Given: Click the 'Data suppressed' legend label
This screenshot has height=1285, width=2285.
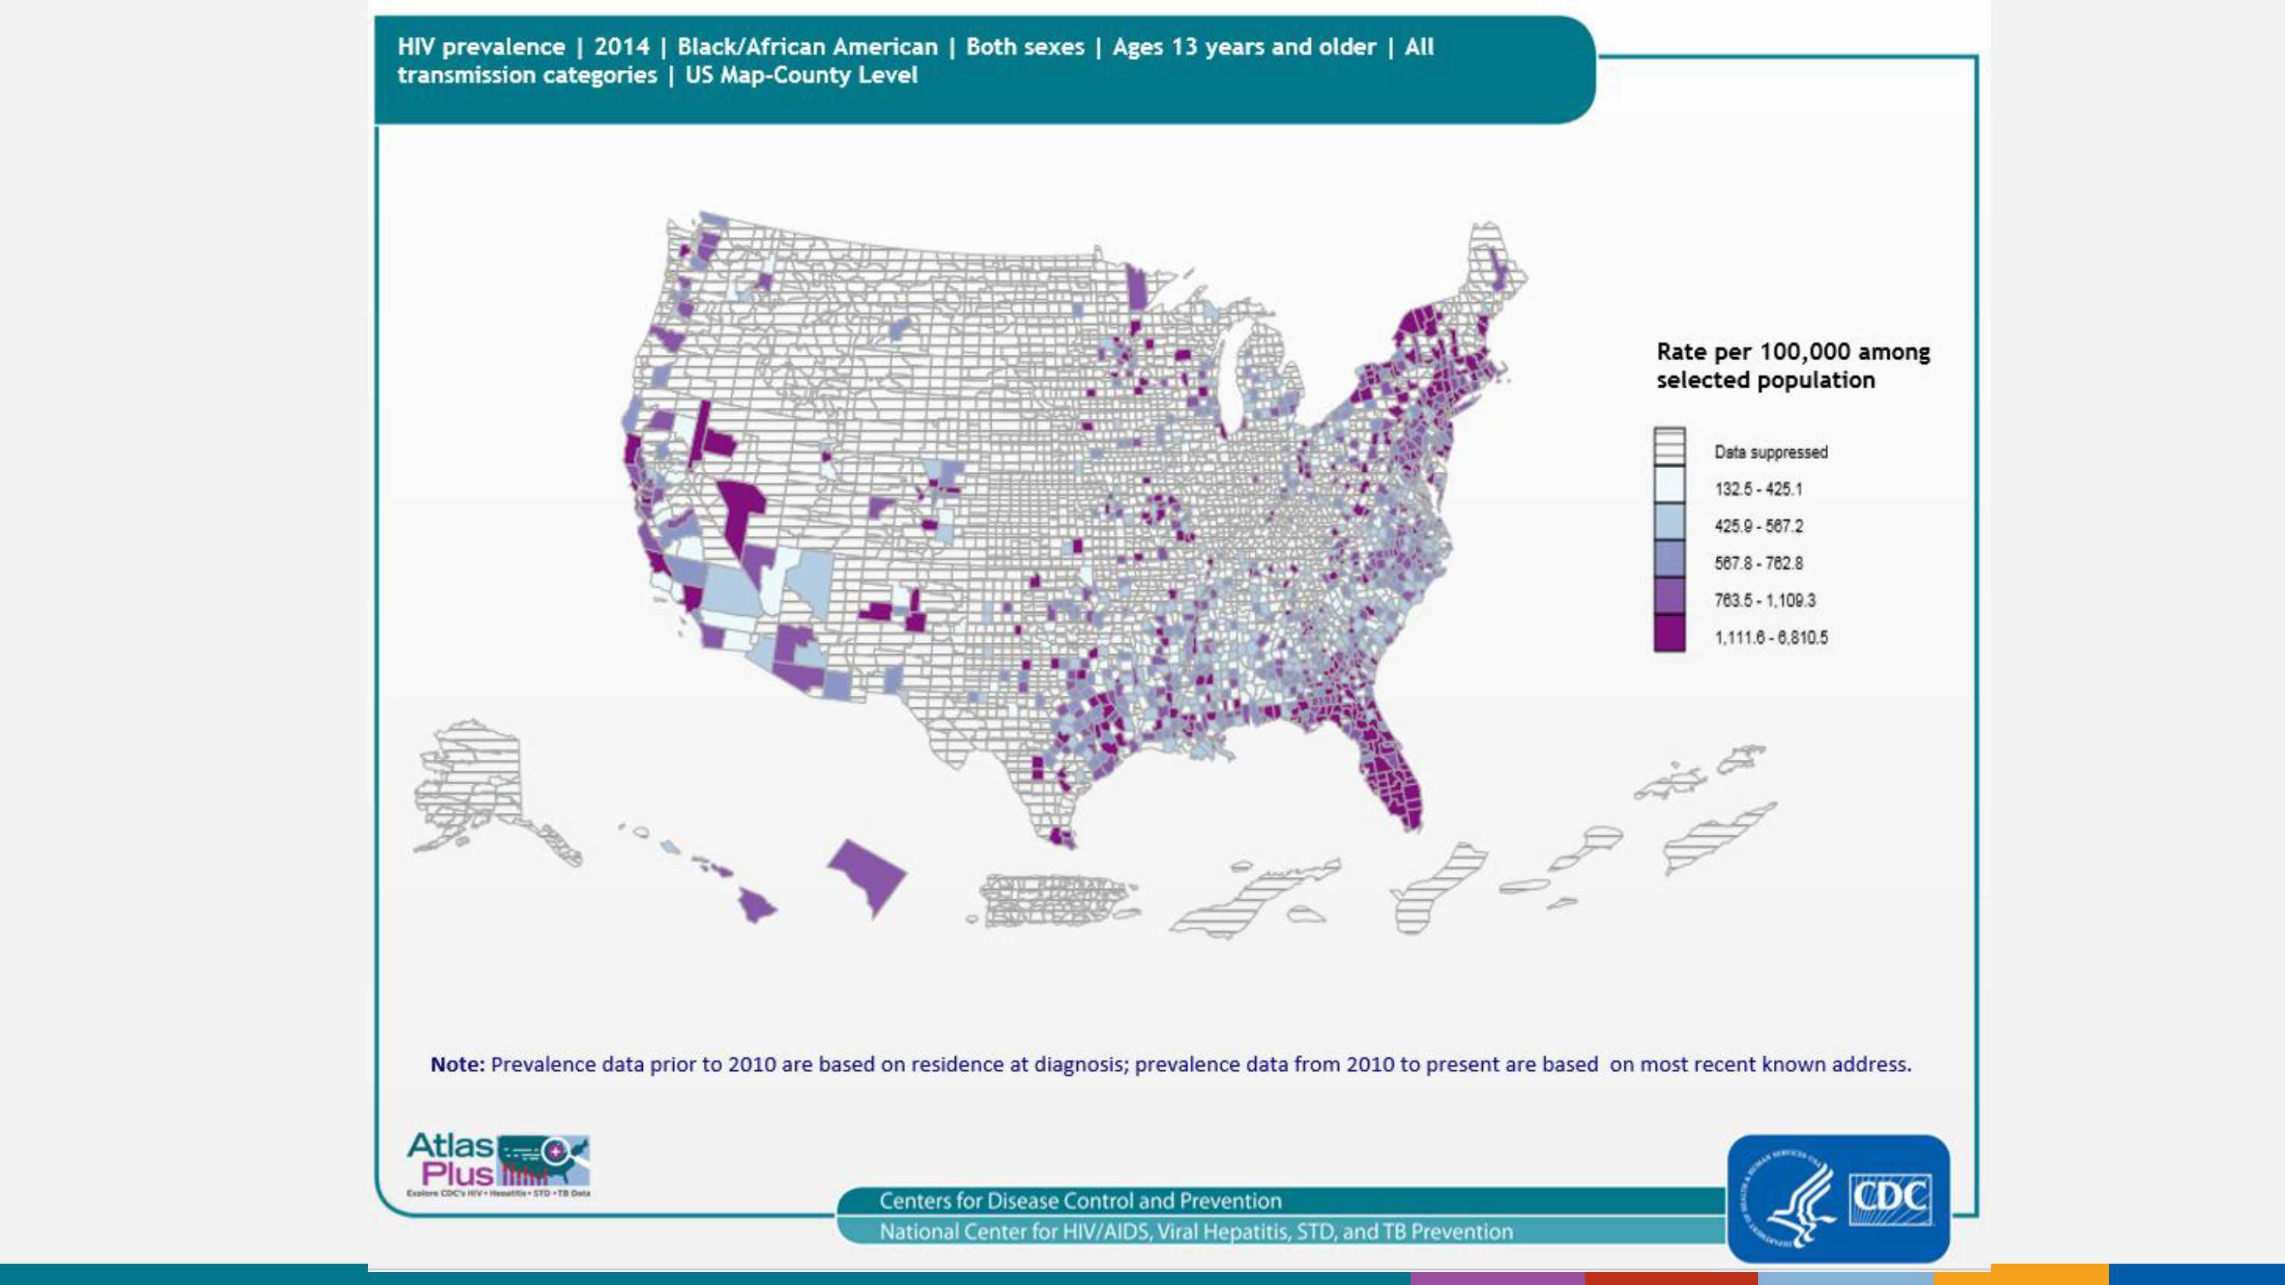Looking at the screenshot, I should tap(1771, 452).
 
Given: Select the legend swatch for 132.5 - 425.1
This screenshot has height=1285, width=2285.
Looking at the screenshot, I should tap(1669, 487).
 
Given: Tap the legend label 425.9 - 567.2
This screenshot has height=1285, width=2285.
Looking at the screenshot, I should tap(1758, 527).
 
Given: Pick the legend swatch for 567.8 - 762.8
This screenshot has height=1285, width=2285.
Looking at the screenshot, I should tap(1669, 560).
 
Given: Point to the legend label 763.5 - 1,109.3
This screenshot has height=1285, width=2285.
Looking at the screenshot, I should tap(1764, 601).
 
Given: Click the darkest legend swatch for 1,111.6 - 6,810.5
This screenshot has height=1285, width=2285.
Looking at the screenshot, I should tap(1669, 633).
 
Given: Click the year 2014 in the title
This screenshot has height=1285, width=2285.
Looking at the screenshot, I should tap(621, 47).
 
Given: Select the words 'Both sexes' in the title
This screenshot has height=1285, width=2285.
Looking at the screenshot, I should tap(1024, 47).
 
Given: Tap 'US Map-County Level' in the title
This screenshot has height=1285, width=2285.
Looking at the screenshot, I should tap(801, 75).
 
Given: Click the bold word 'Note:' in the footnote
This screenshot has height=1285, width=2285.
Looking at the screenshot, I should tap(458, 1064).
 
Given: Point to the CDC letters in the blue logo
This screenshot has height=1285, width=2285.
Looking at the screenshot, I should tap(1890, 1199).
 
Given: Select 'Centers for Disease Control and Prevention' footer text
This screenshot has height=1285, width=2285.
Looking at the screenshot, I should tap(1080, 1201).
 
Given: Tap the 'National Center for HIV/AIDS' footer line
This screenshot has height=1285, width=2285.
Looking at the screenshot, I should tap(1196, 1232).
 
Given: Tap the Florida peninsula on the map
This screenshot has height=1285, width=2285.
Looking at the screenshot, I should tap(1392, 771).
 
